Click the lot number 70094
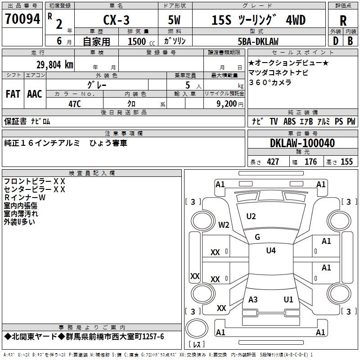point(22,19)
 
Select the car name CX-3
point(116,20)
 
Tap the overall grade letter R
point(343,21)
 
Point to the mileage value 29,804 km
point(54,65)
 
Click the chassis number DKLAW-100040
point(302,143)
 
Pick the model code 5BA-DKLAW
point(258,41)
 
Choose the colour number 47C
point(75,104)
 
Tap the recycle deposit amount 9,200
point(227,104)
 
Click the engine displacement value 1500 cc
point(141,41)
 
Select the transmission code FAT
point(13,94)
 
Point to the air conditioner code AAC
point(35,94)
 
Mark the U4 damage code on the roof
point(271,250)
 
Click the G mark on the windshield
point(257,237)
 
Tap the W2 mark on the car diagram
point(224,225)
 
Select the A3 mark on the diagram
point(253,299)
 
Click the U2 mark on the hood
point(251,216)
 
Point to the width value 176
point(310,162)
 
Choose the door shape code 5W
point(174,20)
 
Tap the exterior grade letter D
point(336,41)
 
